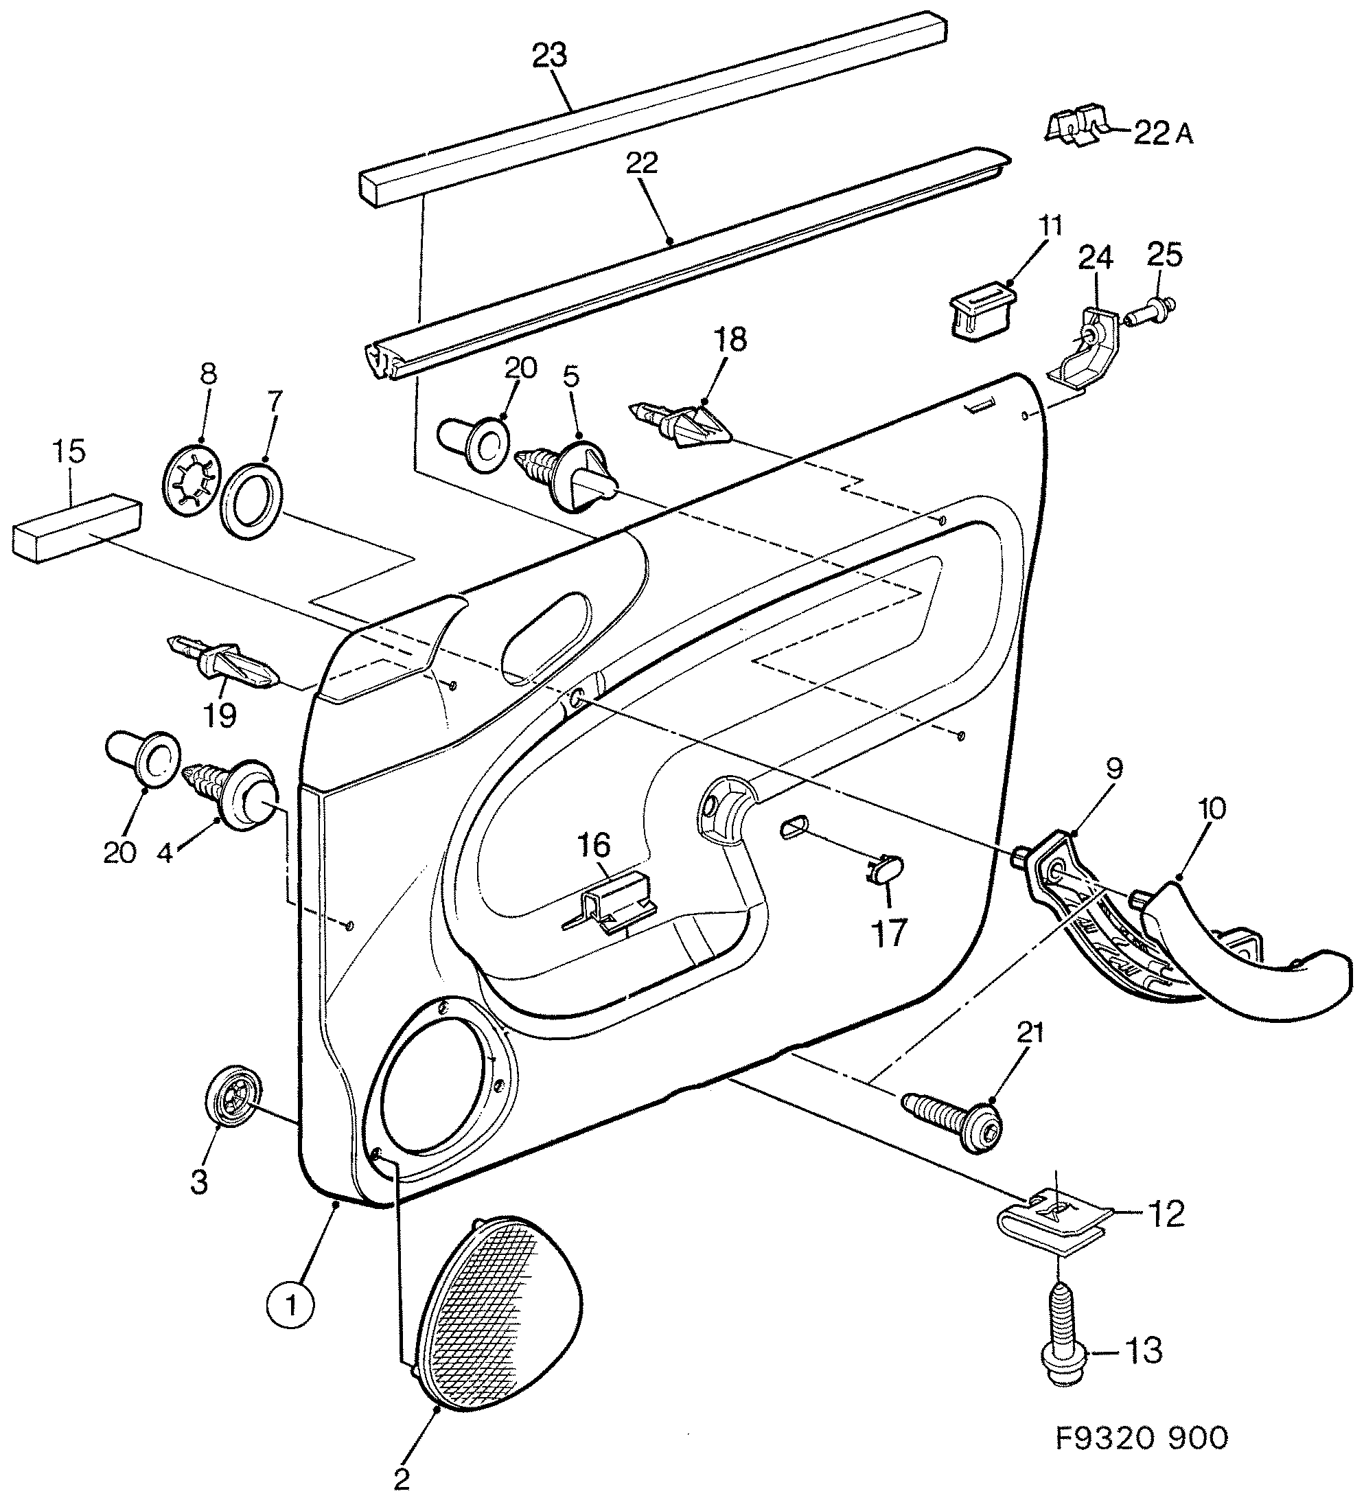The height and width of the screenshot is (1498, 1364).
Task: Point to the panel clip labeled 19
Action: click(x=226, y=661)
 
